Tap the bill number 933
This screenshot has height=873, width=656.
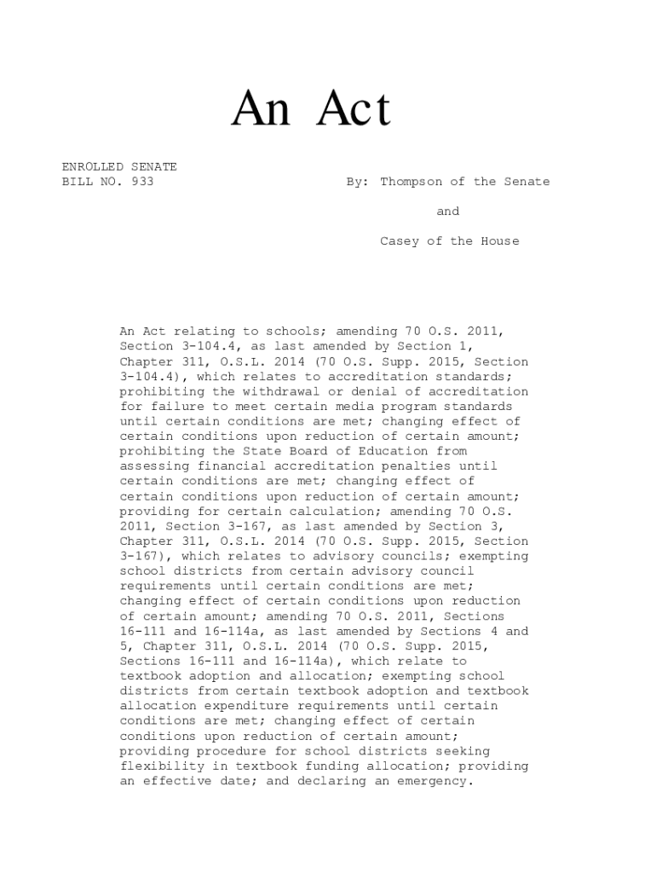tap(143, 182)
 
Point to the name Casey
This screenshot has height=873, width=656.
tap(399, 241)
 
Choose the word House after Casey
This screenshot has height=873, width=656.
tap(496, 241)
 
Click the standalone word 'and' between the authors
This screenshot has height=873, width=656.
tap(447, 211)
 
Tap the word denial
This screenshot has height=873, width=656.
tap(365, 391)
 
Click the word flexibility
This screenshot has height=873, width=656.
tap(160, 766)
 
